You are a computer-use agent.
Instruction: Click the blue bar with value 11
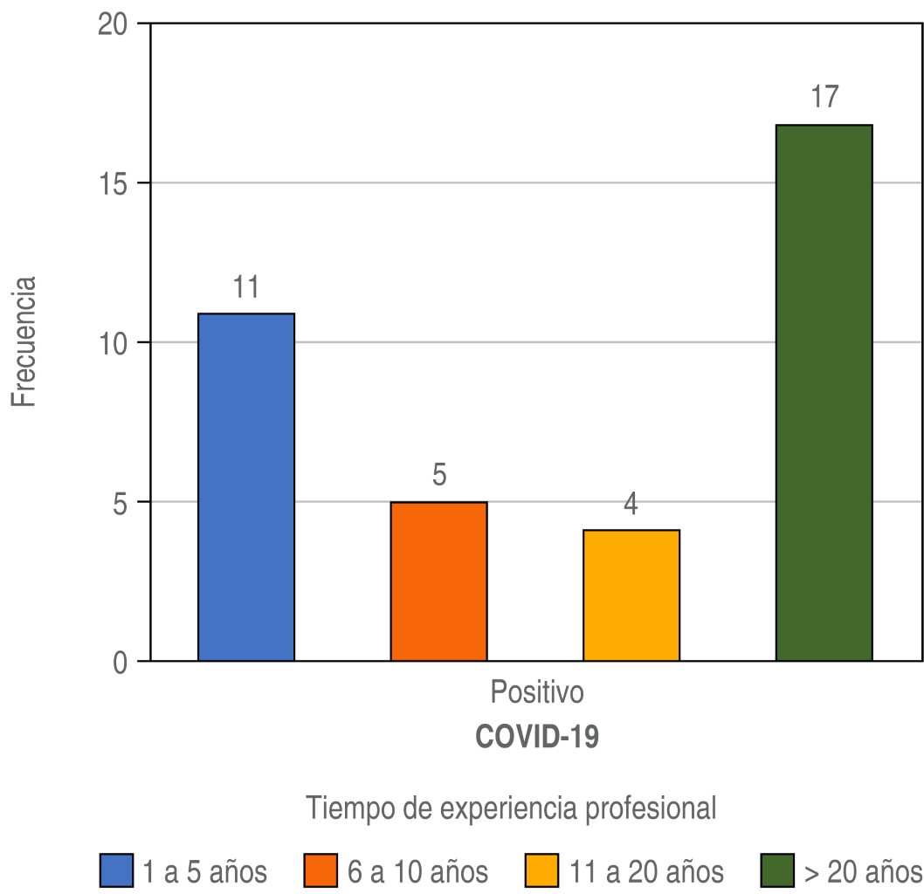246,486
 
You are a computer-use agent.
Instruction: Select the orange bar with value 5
438,581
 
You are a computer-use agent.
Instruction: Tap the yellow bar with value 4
631,595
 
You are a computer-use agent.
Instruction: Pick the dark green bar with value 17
824,392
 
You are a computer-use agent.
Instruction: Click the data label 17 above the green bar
824,97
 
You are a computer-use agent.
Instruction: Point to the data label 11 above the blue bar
246,285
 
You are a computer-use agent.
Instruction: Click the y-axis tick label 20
112,24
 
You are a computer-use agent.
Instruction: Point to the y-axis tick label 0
121,662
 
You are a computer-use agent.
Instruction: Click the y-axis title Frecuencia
24,342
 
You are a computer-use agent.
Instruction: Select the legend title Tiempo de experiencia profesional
511,808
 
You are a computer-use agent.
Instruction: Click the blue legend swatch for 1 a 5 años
116,870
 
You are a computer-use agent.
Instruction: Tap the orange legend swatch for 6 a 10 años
321,870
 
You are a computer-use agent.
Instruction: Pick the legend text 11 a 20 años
646,870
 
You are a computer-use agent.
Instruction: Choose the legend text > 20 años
862,870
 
